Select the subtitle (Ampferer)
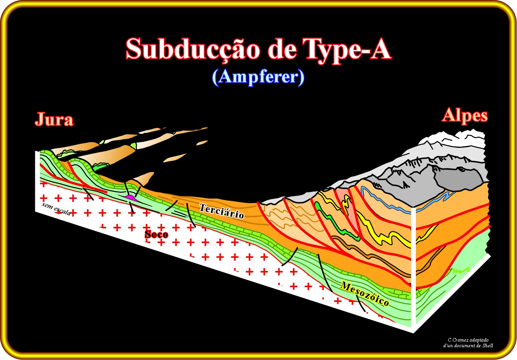[258, 77]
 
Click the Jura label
[54, 119]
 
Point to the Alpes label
[465, 115]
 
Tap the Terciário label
[222, 211]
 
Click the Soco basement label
[156, 235]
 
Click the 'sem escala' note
[56, 209]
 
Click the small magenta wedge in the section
[132, 198]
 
